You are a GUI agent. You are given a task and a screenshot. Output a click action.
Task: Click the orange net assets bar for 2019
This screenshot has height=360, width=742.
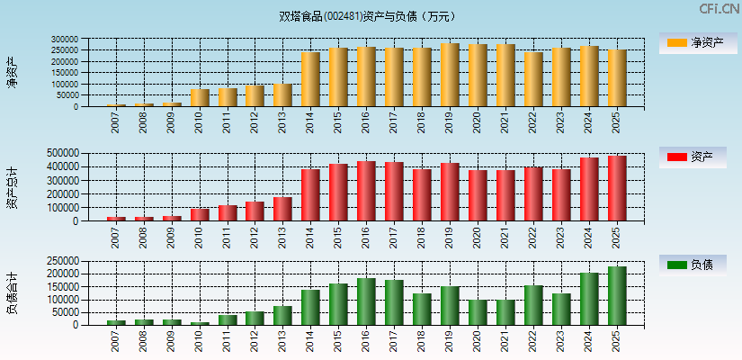450,75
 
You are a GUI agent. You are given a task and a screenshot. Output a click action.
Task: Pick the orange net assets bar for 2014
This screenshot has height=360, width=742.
311,79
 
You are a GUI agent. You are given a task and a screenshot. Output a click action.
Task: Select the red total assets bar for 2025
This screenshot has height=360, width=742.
617,188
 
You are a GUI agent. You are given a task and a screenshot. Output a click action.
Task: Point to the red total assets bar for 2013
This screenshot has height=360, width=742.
283,209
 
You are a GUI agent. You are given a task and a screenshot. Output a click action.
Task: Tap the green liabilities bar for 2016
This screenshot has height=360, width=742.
366,301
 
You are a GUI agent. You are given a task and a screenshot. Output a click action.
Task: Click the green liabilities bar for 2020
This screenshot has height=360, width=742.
478,312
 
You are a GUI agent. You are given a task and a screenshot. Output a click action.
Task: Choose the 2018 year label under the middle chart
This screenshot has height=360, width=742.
423,238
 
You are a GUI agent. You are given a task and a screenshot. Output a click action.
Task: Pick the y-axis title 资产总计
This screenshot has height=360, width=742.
12,188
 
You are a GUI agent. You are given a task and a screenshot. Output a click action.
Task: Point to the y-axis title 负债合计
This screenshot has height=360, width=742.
12,292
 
